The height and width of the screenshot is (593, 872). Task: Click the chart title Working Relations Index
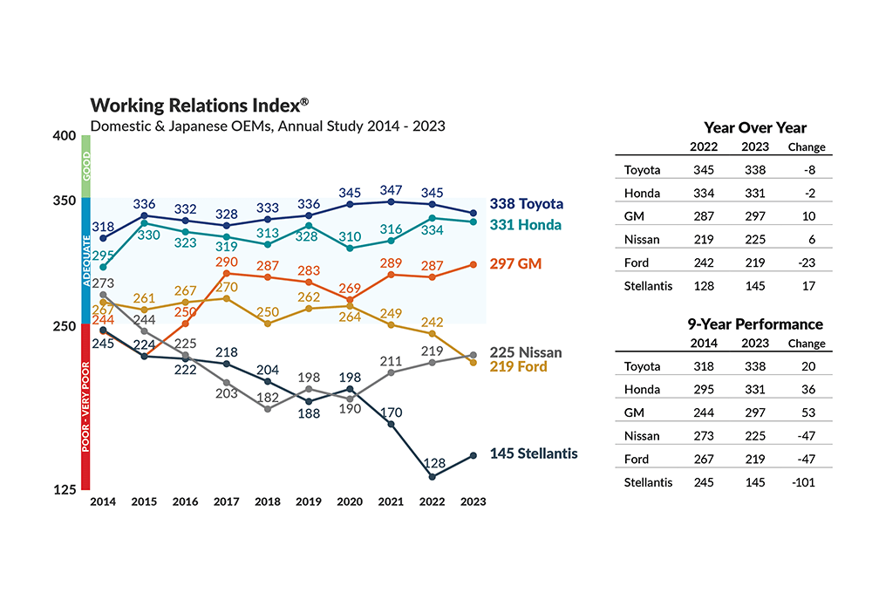click(x=199, y=106)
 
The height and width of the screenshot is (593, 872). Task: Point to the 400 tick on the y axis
click(x=65, y=137)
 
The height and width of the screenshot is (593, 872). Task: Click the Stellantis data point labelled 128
click(x=433, y=476)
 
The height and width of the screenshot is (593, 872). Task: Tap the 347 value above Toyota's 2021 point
click(x=392, y=189)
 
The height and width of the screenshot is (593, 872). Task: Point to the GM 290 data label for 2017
click(x=227, y=262)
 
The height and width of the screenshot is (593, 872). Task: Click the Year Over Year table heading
click(x=755, y=128)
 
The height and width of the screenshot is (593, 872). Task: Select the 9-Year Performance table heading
click(x=755, y=324)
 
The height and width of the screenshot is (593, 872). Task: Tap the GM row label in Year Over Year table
click(x=634, y=216)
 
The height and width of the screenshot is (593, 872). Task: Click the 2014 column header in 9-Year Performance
click(x=704, y=344)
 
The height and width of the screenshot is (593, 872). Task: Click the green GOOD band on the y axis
click(x=86, y=167)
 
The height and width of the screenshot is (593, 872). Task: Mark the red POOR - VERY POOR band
click(x=86, y=406)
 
